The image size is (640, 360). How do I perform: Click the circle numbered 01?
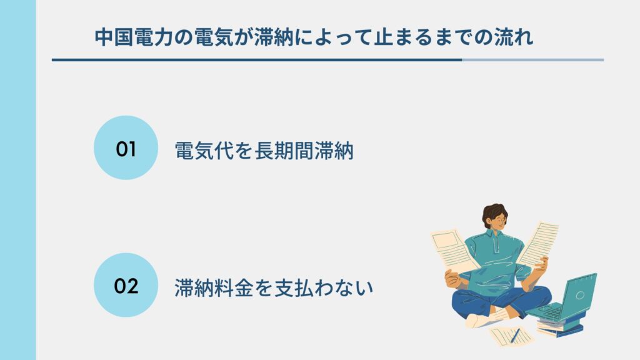(x=126, y=147)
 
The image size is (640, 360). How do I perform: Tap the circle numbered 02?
(x=126, y=285)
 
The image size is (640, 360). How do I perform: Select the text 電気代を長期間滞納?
(x=264, y=151)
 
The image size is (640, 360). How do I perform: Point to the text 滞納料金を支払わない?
(x=274, y=287)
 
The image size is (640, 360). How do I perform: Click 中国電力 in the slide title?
(x=134, y=37)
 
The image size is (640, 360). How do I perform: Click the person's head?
(x=495, y=217)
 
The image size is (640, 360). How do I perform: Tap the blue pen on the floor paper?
(x=515, y=336)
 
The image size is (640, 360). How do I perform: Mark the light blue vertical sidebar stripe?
(x=18, y=180)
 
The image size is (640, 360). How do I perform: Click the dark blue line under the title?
(x=257, y=60)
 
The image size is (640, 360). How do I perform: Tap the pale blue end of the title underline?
(x=533, y=60)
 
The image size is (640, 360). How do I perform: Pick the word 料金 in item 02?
(x=234, y=287)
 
